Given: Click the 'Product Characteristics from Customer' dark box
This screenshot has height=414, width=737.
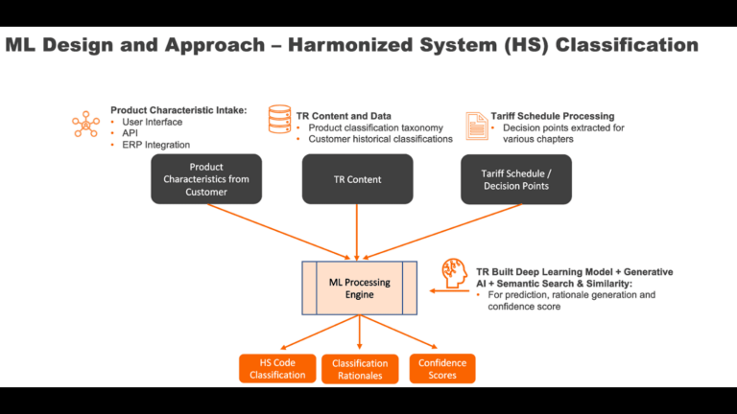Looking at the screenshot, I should [x=206, y=179].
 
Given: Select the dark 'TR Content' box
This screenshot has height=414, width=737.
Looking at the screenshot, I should [x=357, y=179].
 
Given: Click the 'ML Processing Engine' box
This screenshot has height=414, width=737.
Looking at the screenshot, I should [x=359, y=287].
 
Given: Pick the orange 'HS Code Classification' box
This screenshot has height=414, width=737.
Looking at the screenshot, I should [x=277, y=369].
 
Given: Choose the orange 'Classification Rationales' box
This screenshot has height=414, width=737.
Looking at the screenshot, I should [x=360, y=369].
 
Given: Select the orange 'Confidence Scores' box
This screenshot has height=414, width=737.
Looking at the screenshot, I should [x=442, y=369].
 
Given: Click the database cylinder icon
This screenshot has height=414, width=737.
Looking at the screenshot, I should [x=280, y=121].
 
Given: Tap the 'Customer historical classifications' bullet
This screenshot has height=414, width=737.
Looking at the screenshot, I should [x=381, y=139].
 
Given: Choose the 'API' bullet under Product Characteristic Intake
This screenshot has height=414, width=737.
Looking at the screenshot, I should [x=130, y=133].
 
